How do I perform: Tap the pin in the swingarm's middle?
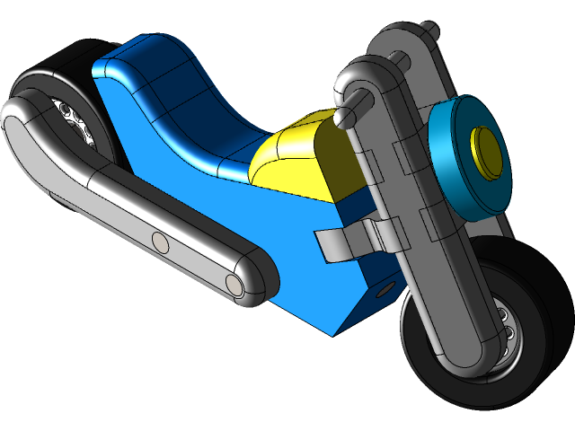160,242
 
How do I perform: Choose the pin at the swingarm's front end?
234,284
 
